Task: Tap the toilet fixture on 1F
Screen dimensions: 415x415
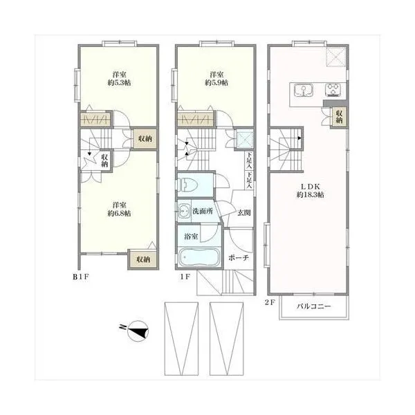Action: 189,184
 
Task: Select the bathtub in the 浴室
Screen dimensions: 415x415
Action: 199,257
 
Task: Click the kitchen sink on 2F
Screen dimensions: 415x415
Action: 304,91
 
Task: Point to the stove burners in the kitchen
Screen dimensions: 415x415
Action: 333,90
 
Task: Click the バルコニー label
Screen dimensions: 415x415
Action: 313,306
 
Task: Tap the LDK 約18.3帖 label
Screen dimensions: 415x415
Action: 310,191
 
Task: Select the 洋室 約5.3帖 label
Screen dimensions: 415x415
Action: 119,79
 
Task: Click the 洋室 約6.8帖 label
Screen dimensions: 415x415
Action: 119,210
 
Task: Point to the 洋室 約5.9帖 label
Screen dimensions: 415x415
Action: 216,79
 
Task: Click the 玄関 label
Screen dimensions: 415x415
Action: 243,212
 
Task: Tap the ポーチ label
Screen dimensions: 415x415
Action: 239,257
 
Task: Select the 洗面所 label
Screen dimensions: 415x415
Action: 203,211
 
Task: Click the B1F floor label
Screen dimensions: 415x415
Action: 81,277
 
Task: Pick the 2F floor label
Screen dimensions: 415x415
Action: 270,302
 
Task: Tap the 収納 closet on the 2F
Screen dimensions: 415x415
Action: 340,117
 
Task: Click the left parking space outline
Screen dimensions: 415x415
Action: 181,339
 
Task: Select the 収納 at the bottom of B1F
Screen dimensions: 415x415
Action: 143,259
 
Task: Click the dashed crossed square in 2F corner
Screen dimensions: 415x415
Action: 336,57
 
